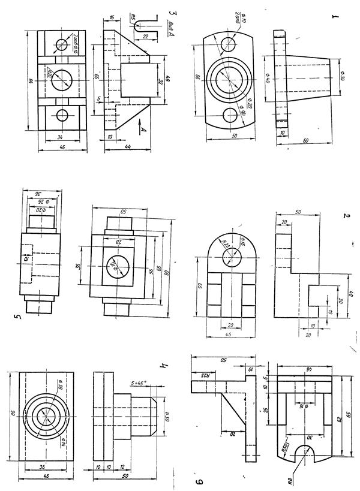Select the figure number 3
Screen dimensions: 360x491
click(173, 12)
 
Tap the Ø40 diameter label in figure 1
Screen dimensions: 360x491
click(266, 77)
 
